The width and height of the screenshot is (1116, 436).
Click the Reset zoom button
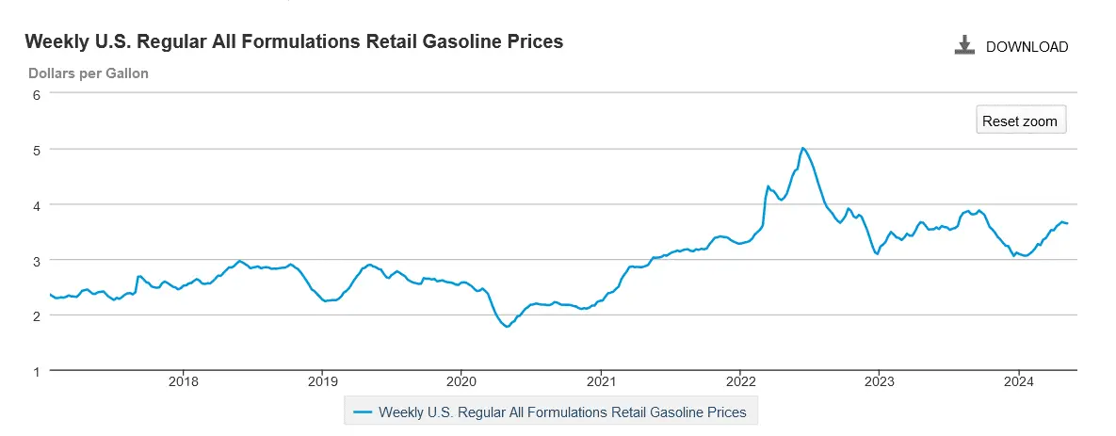(x=1020, y=121)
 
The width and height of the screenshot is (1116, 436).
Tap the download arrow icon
(x=964, y=45)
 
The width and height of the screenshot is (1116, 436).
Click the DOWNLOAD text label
(x=1027, y=46)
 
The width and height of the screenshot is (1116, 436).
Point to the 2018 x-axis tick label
(x=183, y=382)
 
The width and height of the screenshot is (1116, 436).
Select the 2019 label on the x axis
(x=322, y=382)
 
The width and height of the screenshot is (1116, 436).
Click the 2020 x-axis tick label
(x=461, y=382)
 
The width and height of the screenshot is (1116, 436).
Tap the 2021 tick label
(x=601, y=382)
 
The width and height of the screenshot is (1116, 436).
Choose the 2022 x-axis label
(x=740, y=382)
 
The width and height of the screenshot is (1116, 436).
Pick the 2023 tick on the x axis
(x=879, y=382)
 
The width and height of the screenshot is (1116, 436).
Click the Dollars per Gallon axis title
(x=88, y=73)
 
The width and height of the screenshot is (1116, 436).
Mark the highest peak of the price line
(x=802, y=148)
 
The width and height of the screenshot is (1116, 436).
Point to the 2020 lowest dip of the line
(x=507, y=327)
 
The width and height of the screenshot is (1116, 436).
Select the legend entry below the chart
(x=561, y=412)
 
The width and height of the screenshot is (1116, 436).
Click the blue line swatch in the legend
(x=363, y=412)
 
